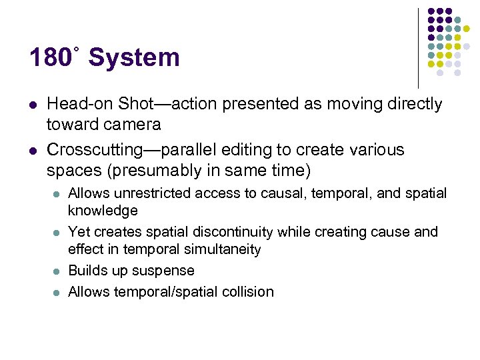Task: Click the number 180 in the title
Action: point(49,58)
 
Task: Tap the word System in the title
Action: point(134,58)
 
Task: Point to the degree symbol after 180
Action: point(77,49)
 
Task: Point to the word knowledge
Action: point(103,211)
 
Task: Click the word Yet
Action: point(79,232)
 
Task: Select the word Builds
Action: point(87,271)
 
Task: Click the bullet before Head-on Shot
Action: point(33,105)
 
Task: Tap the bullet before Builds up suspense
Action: point(56,271)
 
